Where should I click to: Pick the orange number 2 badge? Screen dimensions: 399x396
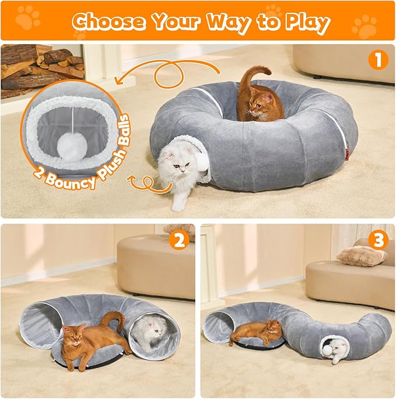point(179,240)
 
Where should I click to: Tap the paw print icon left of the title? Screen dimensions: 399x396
point(27,19)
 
